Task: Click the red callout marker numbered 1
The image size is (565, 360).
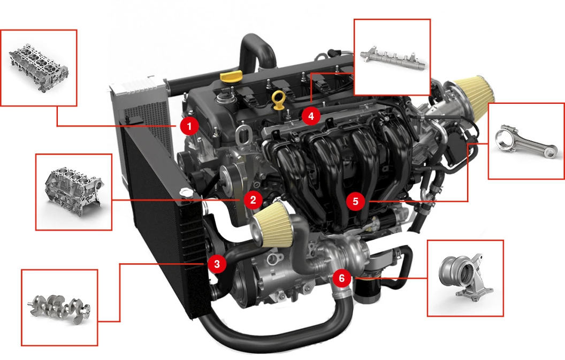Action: [189, 126]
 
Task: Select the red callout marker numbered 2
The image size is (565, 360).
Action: [253, 200]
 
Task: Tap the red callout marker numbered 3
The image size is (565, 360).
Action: [217, 263]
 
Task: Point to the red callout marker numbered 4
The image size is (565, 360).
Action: [311, 115]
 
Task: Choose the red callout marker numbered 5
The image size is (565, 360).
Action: [356, 201]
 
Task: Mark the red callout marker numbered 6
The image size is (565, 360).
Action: [342, 278]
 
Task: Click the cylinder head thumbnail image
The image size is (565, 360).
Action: [39, 67]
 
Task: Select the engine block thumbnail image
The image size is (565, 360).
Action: [73, 192]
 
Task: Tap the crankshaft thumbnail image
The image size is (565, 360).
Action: [59, 308]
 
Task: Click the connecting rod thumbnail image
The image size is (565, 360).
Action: [526, 141]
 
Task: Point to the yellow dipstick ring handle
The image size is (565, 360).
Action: [278, 98]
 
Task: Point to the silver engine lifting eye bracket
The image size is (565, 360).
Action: [244, 133]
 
